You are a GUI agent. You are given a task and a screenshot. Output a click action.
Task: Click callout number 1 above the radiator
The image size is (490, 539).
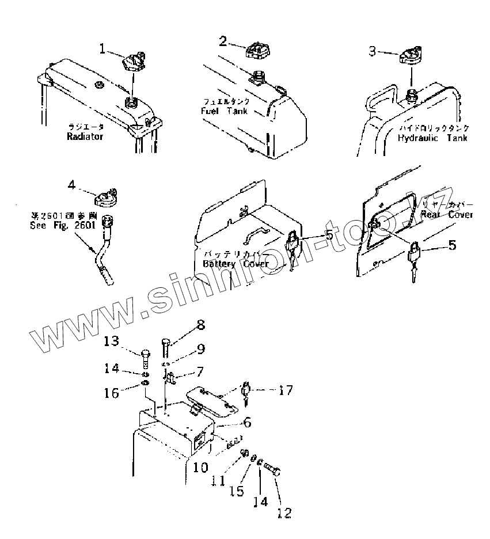pyautogui.click(x=102, y=50)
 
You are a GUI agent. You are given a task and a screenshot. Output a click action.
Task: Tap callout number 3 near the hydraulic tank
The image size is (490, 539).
pyautogui.click(x=373, y=51)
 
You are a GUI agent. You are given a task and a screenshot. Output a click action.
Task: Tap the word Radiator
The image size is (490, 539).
pyautogui.click(x=84, y=136)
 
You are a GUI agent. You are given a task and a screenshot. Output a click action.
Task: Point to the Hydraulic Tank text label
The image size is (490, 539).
pyautogui.click(x=432, y=138)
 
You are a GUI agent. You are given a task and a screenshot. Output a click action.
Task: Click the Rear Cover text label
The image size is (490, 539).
pyautogui.click(x=446, y=214)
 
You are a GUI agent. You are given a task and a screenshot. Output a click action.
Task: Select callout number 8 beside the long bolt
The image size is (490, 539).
pyautogui.click(x=200, y=325)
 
